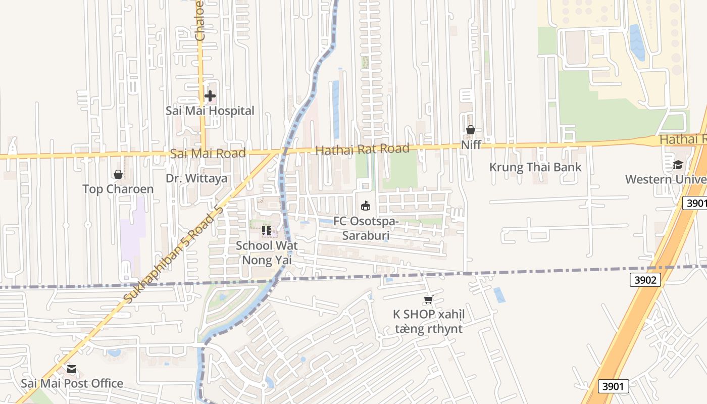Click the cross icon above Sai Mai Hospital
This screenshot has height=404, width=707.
pyautogui.click(x=210, y=95)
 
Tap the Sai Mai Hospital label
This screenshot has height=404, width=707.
pyautogui.click(x=210, y=111)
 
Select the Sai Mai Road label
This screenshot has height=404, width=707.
pyautogui.click(x=208, y=153)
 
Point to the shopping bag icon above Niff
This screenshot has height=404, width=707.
pyautogui.click(x=471, y=130)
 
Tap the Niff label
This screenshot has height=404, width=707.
pyautogui.click(x=471, y=145)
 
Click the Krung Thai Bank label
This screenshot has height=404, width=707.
pyautogui.click(x=535, y=167)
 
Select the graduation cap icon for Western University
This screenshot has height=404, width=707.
pyautogui.click(x=677, y=165)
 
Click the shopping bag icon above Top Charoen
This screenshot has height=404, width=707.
pyautogui.click(x=118, y=174)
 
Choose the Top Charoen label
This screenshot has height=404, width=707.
pyautogui.click(x=118, y=189)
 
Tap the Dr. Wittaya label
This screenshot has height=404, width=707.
pyautogui.click(x=196, y=178)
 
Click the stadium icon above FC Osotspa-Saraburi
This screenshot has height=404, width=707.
pyautogui.click(x=366, y=206)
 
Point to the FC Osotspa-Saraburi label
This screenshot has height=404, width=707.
pyautogui.click(x=366, y=228)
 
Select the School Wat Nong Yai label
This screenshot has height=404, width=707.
pyautogui.click(x=267, y=252)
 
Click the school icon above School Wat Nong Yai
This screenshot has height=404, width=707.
pyautogui.click(x=267, y=231)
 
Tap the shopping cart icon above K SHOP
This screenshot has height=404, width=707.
pyautogui.click(x=429, y=299)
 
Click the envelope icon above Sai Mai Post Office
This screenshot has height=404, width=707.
pyautogui.click(x=72, y=369)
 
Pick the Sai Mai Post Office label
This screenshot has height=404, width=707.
pyautogui.click(x=72, y=384)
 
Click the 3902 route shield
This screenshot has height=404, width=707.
pyautogui.click(x=645, y=280)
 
